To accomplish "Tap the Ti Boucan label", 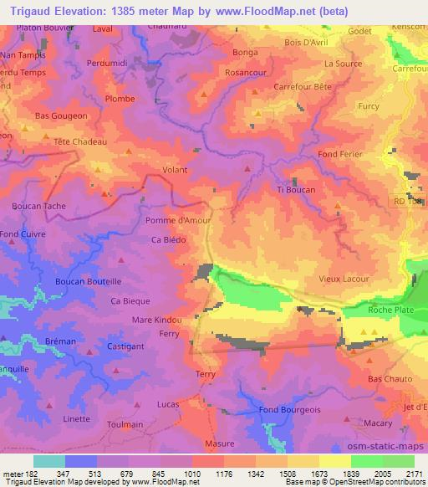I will pos(296,190).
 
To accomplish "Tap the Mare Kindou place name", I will pos(156,320).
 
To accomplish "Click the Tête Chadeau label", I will pos(80,141).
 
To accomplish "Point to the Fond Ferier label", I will pos(341,156).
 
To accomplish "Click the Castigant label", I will pos(127,345).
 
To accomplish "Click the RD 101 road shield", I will pos(410,202).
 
